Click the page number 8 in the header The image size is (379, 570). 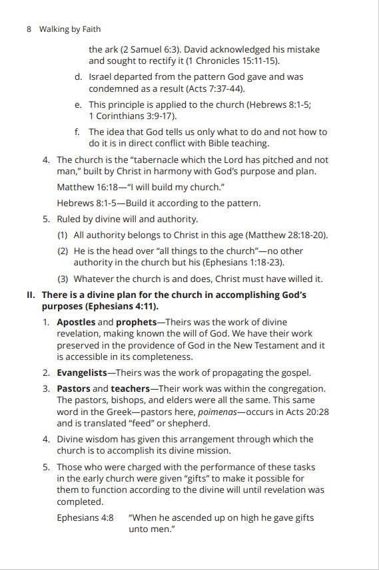tap(29, 29)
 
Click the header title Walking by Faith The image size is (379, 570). tap(70, 29)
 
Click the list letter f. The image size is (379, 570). tap(78, 132)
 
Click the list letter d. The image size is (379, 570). tap(79, 77)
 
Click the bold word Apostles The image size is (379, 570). tap(76, 323)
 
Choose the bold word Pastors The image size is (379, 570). tap(73, 389)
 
